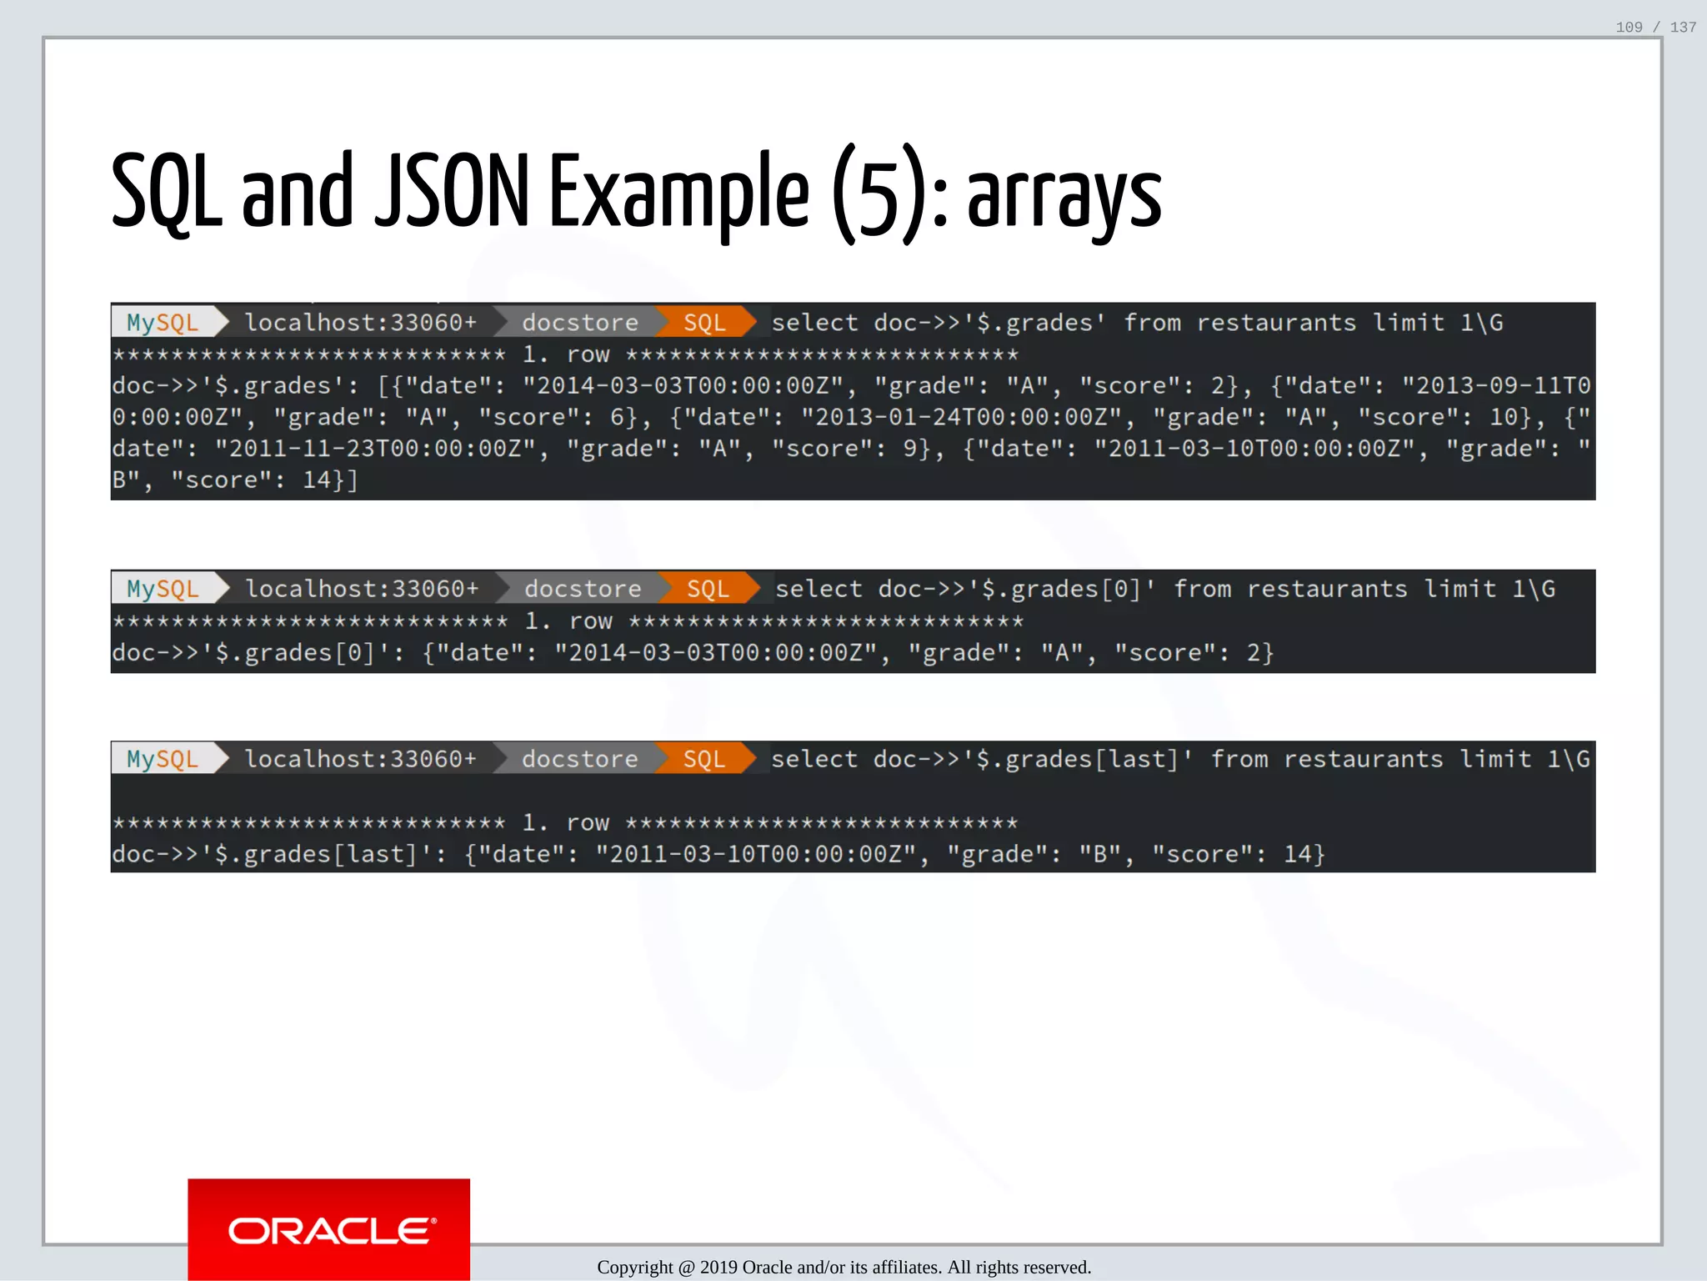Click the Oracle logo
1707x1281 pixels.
pyautogui.click(x=329, y=1229)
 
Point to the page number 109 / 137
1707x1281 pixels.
pyautogui.click(x=1655, y=28)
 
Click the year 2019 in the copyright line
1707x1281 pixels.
pyautogui.click(x=718, y=1267)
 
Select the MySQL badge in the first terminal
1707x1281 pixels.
pyautogui.click(x=163, y=323)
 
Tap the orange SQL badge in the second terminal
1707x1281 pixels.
pyautogui.click(x=708, y=590)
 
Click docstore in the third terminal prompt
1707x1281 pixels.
pyautogui.click(x=579, y=760)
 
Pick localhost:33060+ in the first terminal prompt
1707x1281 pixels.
pyautogui.click(x=360, y=323)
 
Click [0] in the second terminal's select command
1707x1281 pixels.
pyautogui.click(x=1121, y=590)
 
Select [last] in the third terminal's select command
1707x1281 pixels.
pyautogui.click(x=1137, y=760)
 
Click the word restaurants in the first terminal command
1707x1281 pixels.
pyautogui.click(x=1276, y=323)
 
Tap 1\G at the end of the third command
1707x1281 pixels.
pyautogui.click(x=1568, y=760)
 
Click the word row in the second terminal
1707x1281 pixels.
pyautogui.click(x=591, y=621)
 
